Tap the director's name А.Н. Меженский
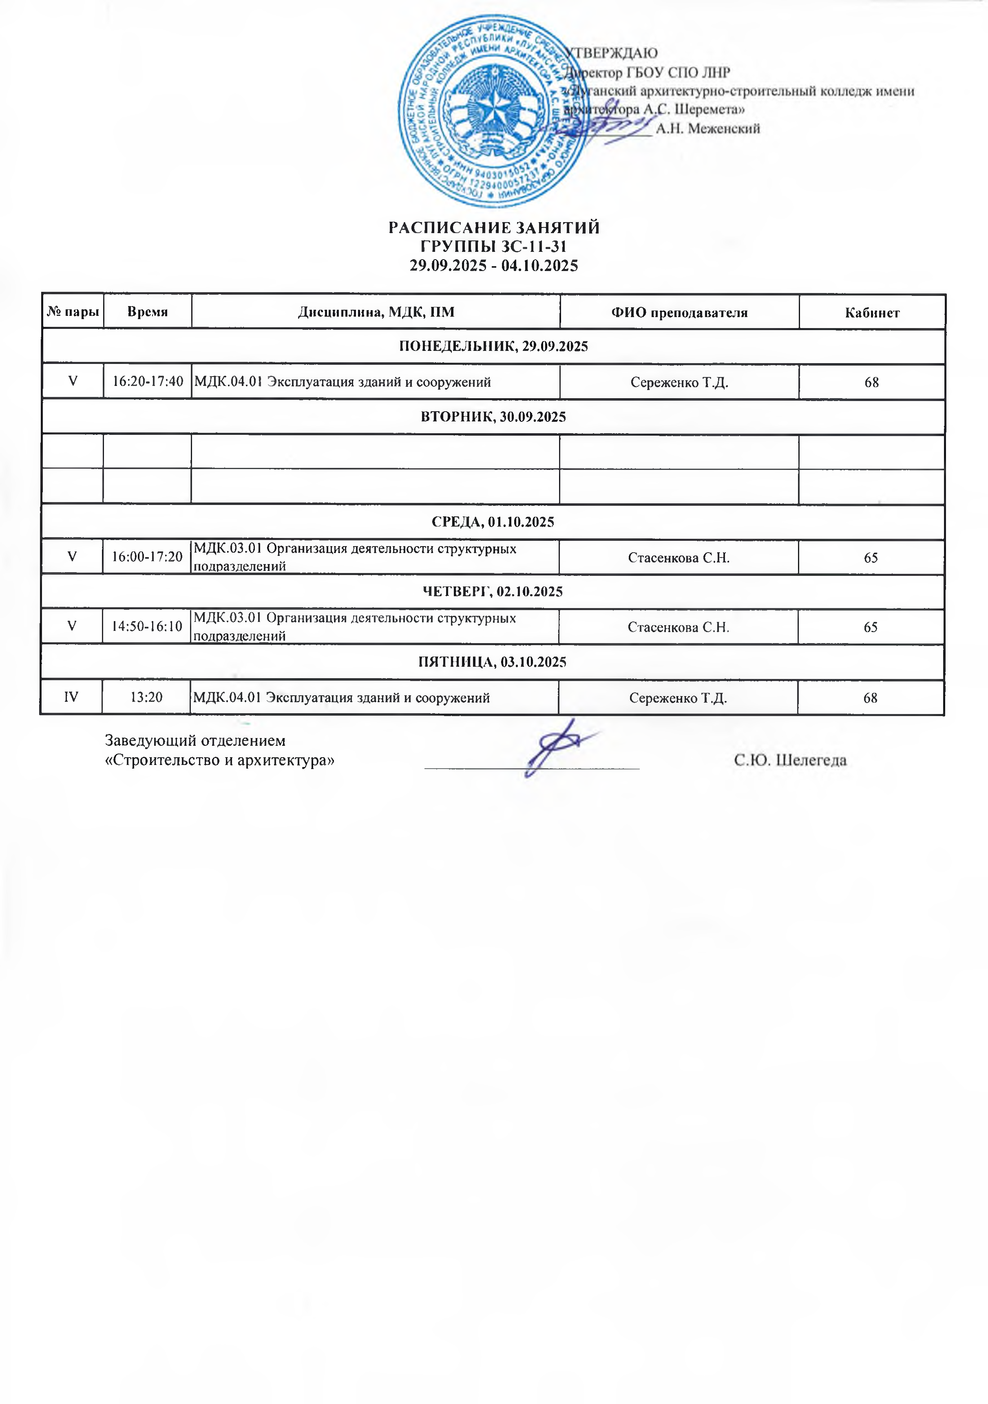[x=708, y=128]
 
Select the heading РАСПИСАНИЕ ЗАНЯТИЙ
[x=494, y=228]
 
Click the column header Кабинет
[x=872, y=313]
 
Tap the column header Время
[x=148, y=312]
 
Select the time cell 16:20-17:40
[x=148, y=381]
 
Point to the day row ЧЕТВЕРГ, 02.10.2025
[x=493, y=592]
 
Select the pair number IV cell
[x=71, y=697]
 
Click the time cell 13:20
[x=146, y=697]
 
